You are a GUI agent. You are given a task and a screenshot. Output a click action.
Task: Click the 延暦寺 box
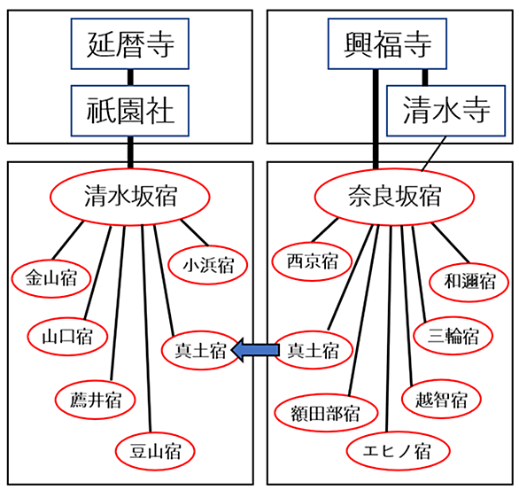coord(129,43)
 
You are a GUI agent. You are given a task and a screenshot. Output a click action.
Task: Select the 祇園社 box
coord(129,111)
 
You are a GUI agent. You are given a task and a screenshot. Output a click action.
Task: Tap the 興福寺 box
coord(387,43)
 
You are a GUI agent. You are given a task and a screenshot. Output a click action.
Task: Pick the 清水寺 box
coord(445,111)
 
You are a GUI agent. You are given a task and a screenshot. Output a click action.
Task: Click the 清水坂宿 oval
coord(129,197)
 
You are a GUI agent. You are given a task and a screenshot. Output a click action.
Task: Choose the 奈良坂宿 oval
coord(394,197)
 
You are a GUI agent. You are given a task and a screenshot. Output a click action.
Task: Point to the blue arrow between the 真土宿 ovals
coord(255,350)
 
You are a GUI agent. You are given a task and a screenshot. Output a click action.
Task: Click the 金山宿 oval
coord(51,278)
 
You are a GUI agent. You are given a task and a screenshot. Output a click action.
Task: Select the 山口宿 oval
coord(67,337)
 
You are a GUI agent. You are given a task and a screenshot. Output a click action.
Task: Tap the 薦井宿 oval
coord(96,400)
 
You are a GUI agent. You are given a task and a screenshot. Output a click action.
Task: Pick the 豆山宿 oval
coord(155,451)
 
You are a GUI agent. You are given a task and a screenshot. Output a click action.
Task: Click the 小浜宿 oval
coord(208,265)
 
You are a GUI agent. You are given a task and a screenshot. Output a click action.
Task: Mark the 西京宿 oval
coord(312,261)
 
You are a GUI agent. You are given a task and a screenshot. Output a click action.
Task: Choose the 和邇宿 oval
coord(469,282)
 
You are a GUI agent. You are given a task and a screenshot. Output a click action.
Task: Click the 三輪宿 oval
coord(453,336)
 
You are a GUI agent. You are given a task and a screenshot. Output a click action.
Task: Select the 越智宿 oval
coord(441,400)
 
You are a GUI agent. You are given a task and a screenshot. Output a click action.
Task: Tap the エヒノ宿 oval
coord(399,451)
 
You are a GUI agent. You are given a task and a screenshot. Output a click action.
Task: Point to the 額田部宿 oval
coord(326,413)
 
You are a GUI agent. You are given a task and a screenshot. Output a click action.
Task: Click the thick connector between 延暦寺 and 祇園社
coord(130,77)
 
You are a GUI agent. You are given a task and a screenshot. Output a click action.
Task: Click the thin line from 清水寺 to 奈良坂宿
coord(434,153)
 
